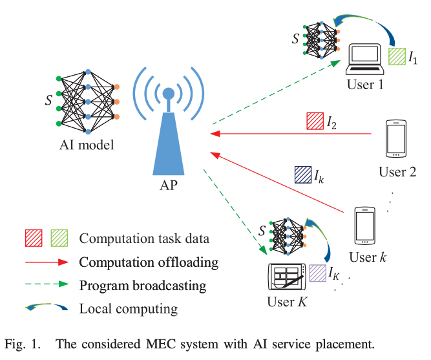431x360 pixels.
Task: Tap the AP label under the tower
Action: click(x=167, y=187)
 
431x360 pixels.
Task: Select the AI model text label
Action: click(x=85, y=145)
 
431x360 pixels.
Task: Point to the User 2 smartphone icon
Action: click(x=395, y=139)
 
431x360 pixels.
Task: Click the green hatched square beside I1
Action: click(x=397, y=56)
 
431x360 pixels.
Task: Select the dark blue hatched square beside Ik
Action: click(x=302, y=175)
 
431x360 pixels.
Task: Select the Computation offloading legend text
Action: click(x=149, y=262)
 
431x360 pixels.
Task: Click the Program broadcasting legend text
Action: click(x=143, y=285)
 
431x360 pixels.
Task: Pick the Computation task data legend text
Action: click(x=144, y=238)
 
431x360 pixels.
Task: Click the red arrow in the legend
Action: click(x=45, y=262)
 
